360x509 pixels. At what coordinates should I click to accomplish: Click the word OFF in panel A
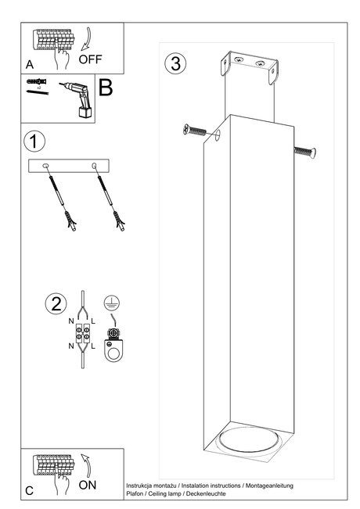pos(90,59)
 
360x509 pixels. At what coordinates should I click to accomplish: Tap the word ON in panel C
pos(88,485)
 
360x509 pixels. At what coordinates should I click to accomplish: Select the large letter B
pos(106,88)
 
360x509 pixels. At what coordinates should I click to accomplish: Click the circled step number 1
pos(34,142)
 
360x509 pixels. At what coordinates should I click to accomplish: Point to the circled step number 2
pos(56,304)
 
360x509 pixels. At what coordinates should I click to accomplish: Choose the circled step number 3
pos(175,63)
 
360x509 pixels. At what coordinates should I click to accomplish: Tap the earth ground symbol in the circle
pos(112,303)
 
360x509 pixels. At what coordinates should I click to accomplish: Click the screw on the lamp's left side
pos(194,131)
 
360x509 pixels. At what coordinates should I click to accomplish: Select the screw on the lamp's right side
pos(305,152)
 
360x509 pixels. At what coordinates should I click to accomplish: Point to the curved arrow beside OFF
pos(86,40)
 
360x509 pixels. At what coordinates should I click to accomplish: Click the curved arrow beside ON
pos(86,465)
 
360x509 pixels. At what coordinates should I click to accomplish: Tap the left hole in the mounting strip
pos(46,167)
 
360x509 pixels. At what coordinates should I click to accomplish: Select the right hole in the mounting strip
pos(94,167)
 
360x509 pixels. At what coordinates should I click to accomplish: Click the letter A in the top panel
pos(30,65)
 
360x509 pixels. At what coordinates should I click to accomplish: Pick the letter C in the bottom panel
pos(29,490)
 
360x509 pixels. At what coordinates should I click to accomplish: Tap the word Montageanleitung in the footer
pos(269,486)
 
